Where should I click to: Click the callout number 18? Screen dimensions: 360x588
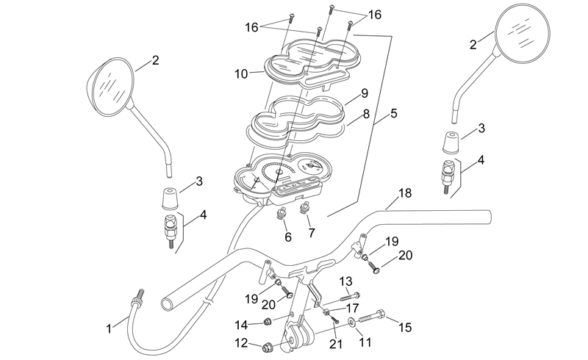coord(405,194)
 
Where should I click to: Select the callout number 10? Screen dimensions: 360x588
coord(242,73)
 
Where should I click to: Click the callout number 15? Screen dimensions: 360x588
coord(405,327)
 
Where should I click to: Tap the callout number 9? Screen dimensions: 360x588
coord(364,94)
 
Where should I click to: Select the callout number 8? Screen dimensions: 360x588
coord(365,115)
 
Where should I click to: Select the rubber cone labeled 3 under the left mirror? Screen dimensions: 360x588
coord(171,198)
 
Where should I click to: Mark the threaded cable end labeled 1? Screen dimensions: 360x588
coord(137,301)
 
